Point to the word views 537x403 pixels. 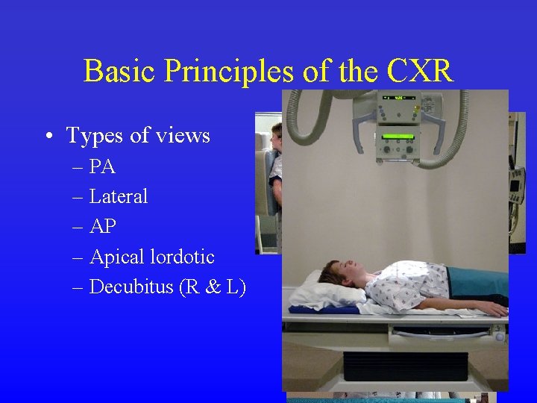coord(185,136)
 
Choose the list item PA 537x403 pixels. coord(102,167)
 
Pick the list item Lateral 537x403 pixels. coord(119,197)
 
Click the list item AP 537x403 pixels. coord(102,227)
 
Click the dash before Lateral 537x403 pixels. coord(79,197)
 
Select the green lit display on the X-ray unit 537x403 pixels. coord(398,137)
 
